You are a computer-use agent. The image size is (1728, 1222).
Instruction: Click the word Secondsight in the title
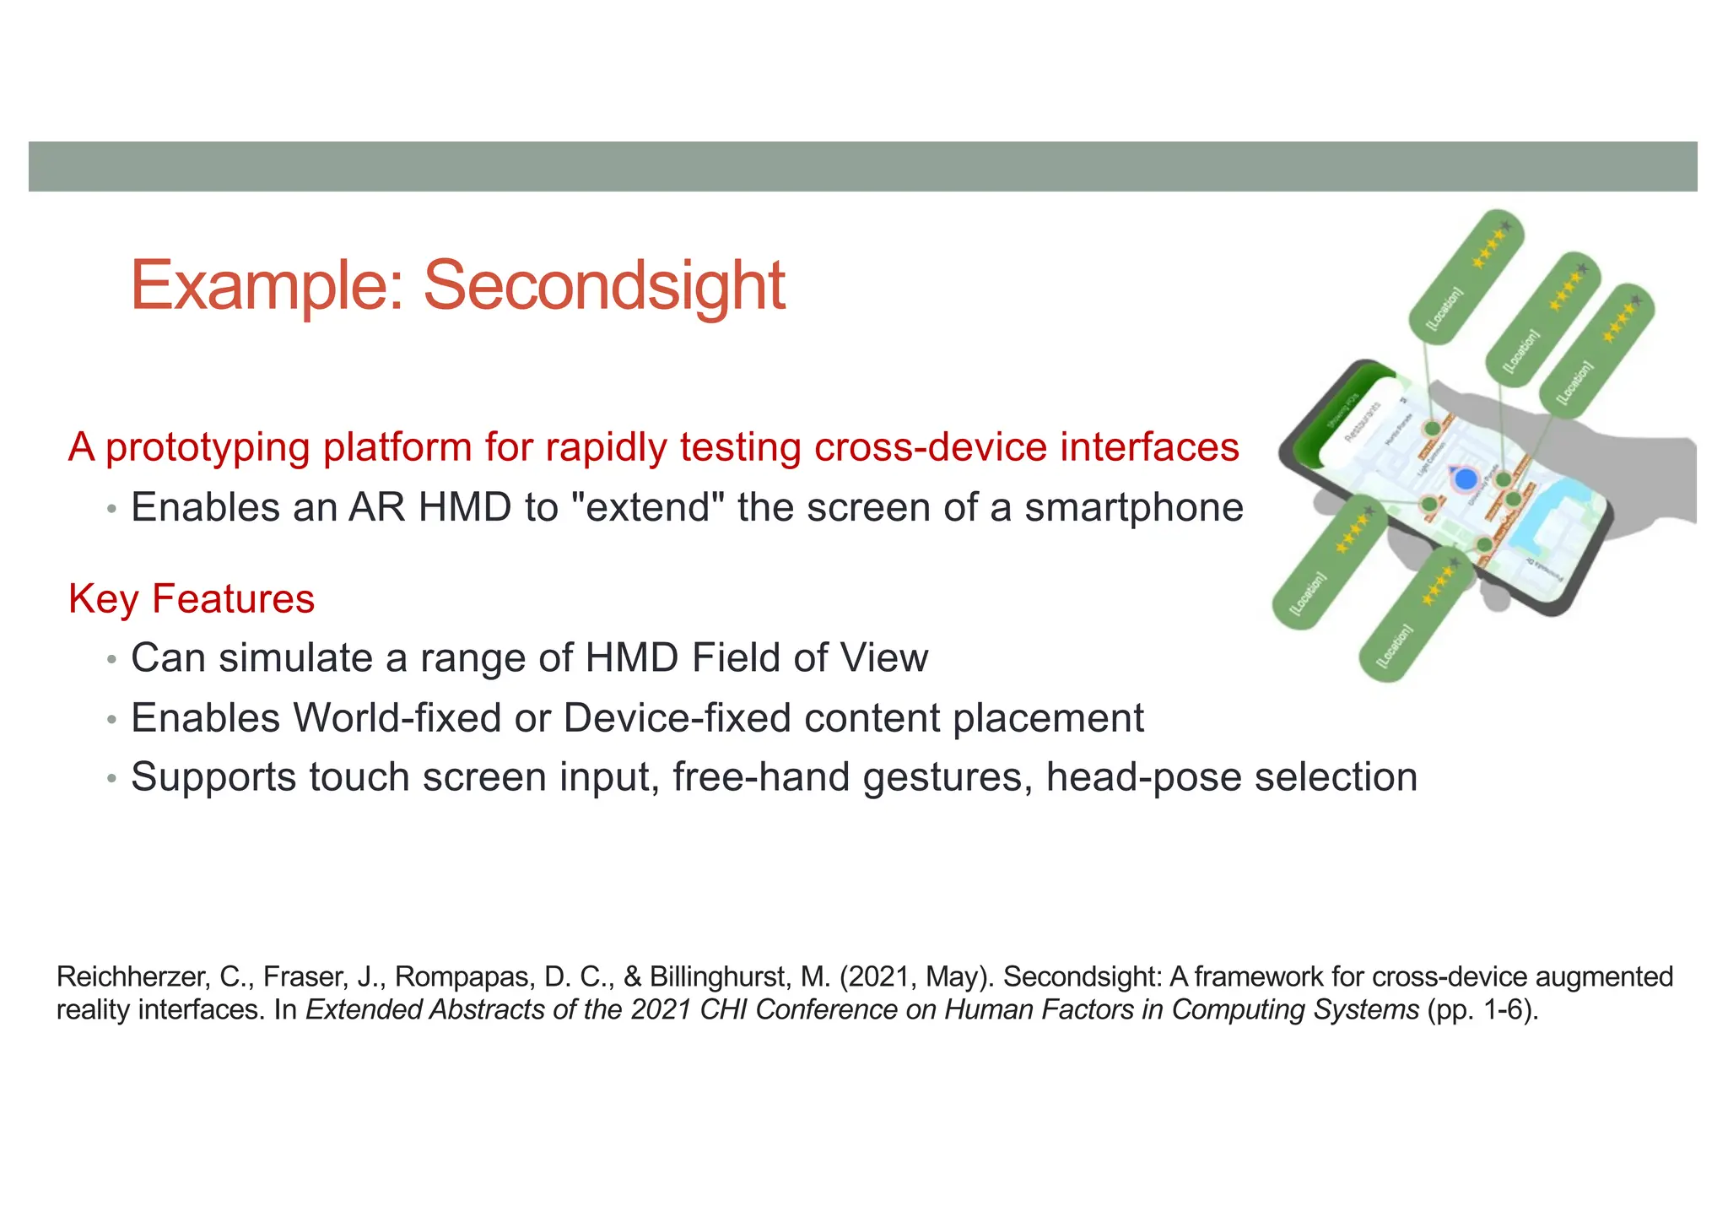(604, 285)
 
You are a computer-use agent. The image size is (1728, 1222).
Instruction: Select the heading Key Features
(192, 599)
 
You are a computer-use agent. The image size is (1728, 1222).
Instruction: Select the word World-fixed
(397, 718)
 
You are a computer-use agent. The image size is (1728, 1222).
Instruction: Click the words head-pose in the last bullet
(1142, 777)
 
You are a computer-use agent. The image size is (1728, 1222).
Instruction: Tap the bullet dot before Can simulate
(112, 660)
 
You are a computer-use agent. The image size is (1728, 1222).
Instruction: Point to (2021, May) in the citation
(916, 977)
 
